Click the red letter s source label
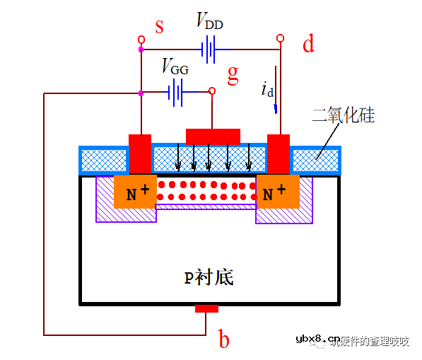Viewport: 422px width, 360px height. click(x=159, y=28)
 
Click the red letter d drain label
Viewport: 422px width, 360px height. click(x=308, y=45)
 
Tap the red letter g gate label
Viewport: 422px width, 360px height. click(x=233, y=74)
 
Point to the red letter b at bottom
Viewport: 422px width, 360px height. click(x=223, y=340)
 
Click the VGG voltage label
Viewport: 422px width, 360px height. click(x=175, y=67)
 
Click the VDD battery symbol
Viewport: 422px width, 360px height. click(x=207, y=50)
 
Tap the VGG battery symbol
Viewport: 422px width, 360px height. click(x=176, y=92)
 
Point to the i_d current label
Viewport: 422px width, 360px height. click(x=267, y=90)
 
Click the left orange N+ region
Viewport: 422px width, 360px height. click(x=135, y=192)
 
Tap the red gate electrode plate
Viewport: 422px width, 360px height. click(x=213, y=135)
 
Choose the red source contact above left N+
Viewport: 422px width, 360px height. click(x=140, y=153)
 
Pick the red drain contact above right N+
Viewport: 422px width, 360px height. click(x=279, y=153)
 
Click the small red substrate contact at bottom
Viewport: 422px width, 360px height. click(x=206, y=308)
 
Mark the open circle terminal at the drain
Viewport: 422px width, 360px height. click(x=280, y=37)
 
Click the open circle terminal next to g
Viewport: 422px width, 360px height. click(x=211, y=91)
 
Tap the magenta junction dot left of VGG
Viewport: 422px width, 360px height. click(x=141, y=93)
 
